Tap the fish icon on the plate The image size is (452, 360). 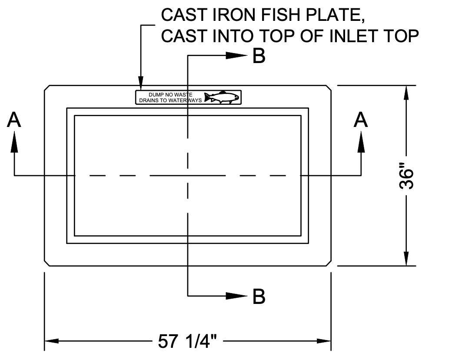(222, 97)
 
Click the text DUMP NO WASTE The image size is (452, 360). (167, 94)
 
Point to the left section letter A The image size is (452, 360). (14, 120)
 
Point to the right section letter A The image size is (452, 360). (361, 120)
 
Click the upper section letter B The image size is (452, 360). (259, 56)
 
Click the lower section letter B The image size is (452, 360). (259, 297)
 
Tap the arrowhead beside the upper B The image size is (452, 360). (237, 56)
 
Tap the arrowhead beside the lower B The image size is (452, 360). (237, 296)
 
